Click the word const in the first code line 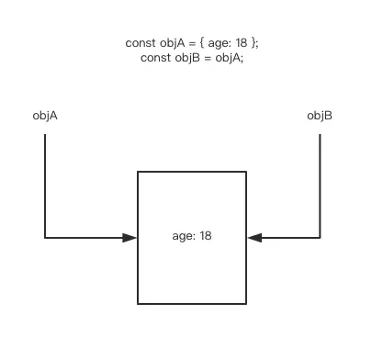coord(139,43)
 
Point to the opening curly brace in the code coord(203,43)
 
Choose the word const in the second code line coord(153,57)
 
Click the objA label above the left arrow coord(45,116)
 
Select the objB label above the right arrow coord(320,116)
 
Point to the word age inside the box coord(183,236)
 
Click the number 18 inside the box coord(206,236)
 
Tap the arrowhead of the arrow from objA coord(130,238)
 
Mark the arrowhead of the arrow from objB coord(254,238)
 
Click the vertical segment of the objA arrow coord(45,184)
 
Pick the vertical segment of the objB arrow coord(320,184)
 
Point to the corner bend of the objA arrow coord(45,238)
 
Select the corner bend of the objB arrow coord(320,238)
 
